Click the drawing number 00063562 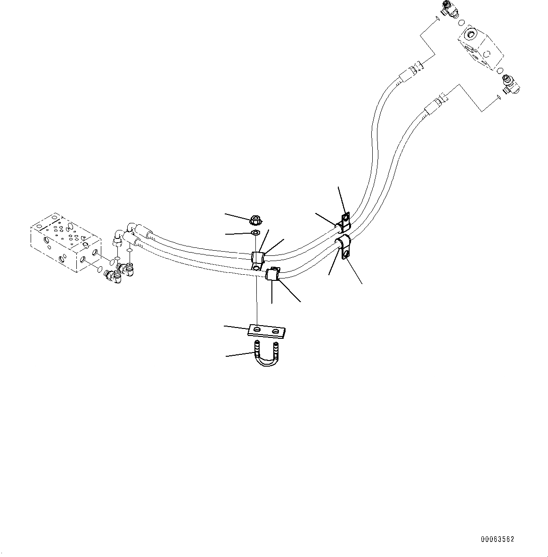click(x=497, y=539)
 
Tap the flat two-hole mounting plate click(x=267, y=331)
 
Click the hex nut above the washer click(x=254, y=219)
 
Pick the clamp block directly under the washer click(x=258, y=259)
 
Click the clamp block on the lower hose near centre click(x=273, y=274)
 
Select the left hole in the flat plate click(x=256, y=329)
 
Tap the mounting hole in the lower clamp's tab click(x=346, y=254)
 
